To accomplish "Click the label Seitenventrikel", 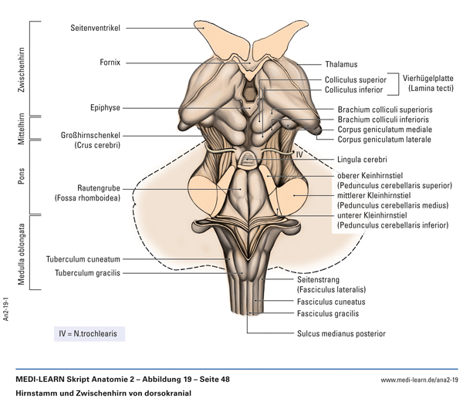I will (95, 27).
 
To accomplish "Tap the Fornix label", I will (110, 62).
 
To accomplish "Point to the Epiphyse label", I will (105, 107).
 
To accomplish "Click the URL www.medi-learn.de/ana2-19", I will (420, 380).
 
